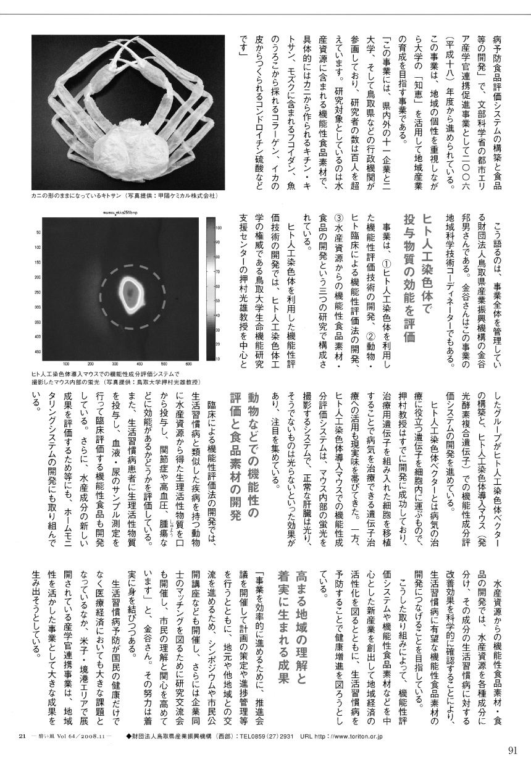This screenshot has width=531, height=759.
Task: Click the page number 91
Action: click(512, 750)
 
